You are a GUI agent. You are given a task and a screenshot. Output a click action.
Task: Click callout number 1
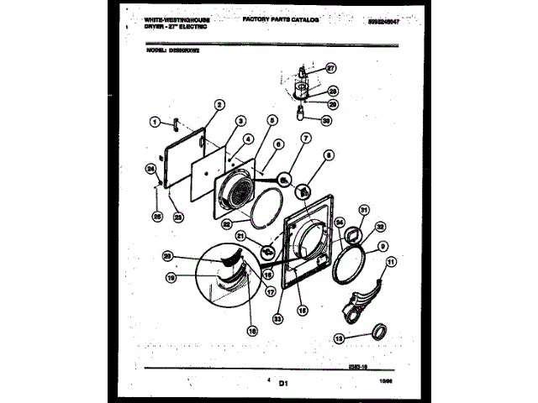click(155, 123)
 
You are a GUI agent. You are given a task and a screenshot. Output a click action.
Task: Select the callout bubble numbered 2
click(219, 106)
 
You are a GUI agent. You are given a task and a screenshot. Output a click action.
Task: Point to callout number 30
click(327, 120)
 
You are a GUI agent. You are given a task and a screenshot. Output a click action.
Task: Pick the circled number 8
click(329, 154)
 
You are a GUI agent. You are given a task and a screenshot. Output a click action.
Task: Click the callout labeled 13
click(340, 338)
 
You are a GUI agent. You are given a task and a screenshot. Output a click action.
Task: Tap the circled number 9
click(382, 247)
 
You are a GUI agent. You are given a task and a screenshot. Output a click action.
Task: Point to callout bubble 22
click(227, 223)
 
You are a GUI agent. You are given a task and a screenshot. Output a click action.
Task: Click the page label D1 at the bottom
click(282, 382)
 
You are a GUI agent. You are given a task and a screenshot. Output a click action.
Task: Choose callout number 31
click(364, 211)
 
